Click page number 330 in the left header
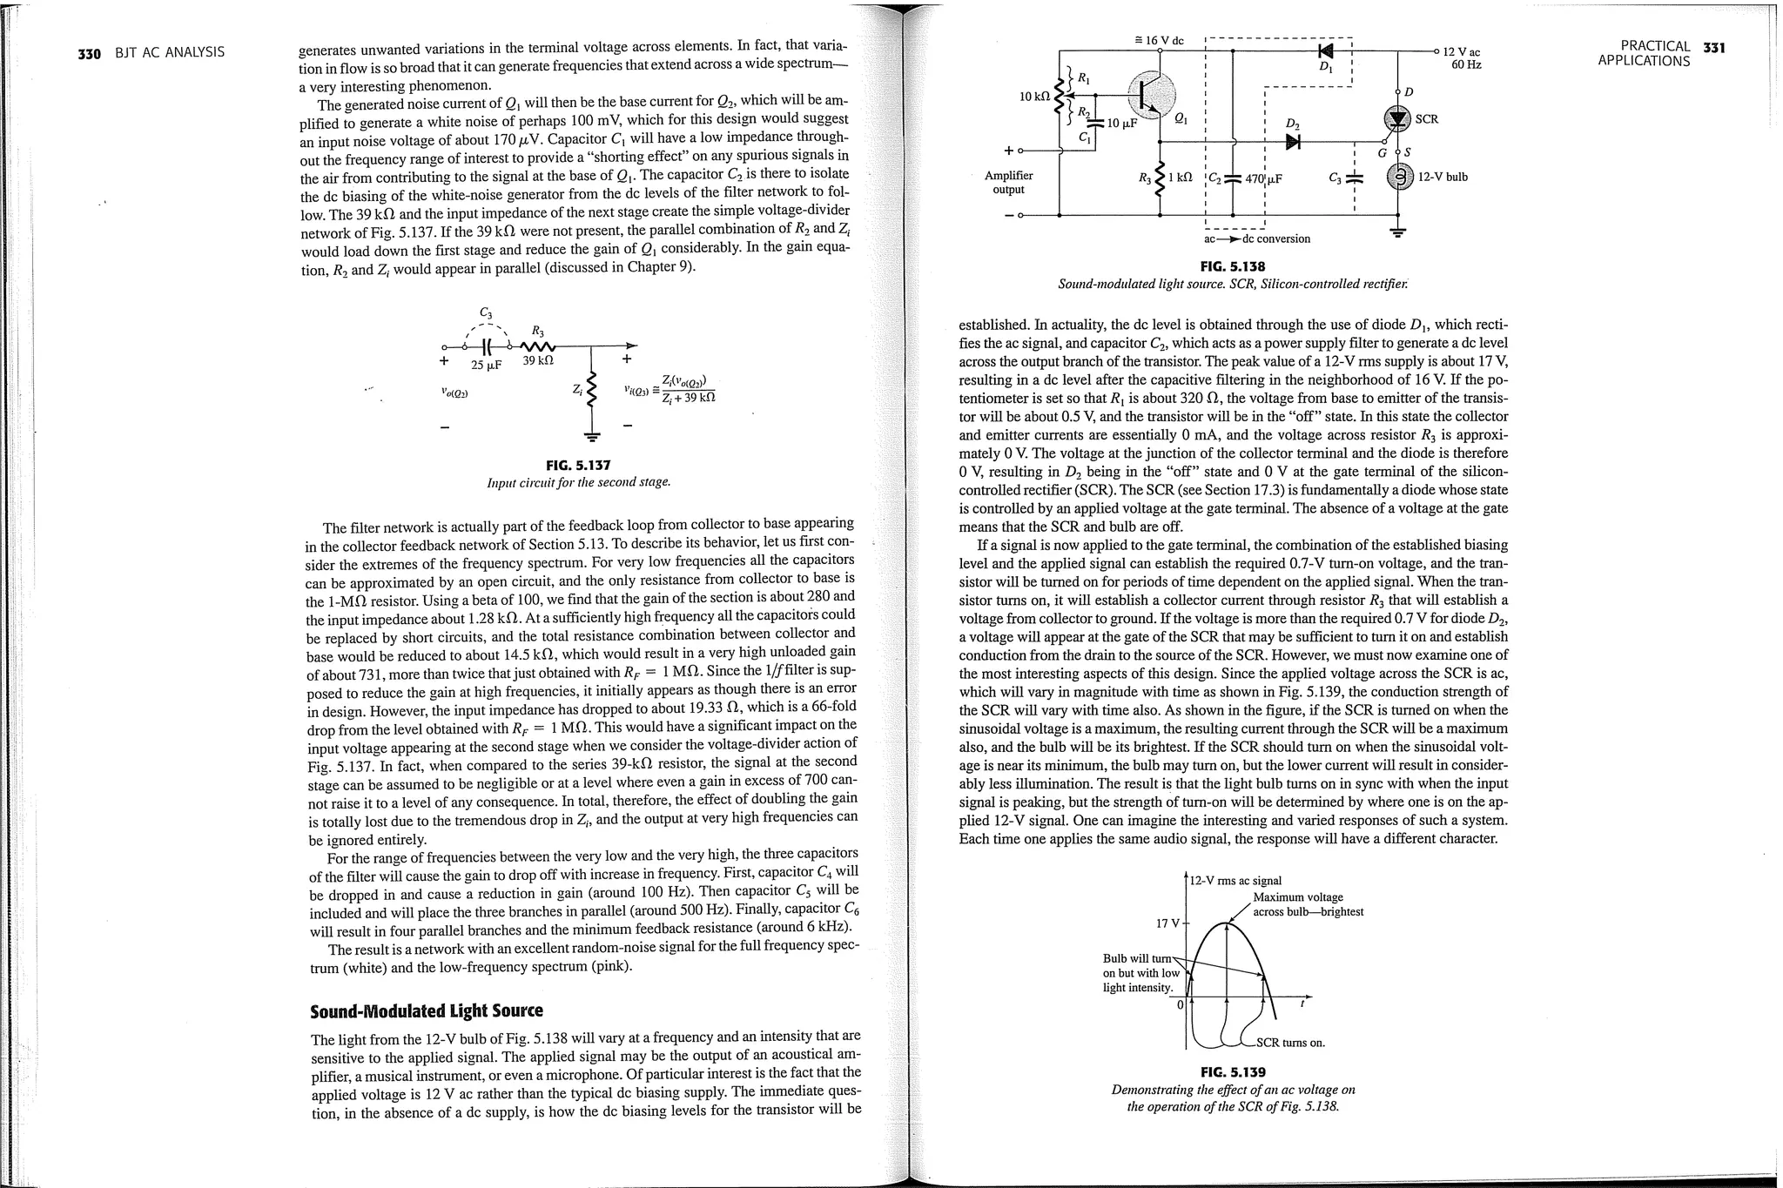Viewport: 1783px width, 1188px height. [89, 53]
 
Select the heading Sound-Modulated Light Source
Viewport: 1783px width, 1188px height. [426, 1010]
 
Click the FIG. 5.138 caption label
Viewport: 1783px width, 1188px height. [1232, 266]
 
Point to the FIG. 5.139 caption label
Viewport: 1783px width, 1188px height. [1232, 1071]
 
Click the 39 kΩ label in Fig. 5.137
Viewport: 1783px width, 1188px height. [538, 360]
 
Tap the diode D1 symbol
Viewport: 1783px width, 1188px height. [1326, 51]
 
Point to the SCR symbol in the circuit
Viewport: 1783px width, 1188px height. [1397, 118]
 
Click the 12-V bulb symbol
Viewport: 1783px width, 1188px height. [1397, 178]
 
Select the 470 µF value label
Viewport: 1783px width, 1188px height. [1263, 179]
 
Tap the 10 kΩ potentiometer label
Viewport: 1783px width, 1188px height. [1033, 96]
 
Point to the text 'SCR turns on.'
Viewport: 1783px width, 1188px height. [1290, 1043]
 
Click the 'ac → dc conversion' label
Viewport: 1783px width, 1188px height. [1256, 238]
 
